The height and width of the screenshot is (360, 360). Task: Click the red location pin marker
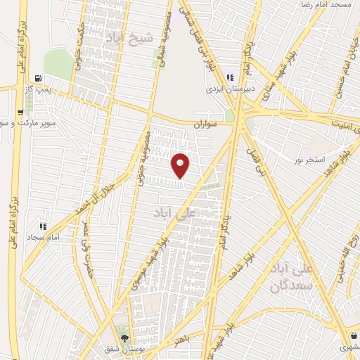point(181,165)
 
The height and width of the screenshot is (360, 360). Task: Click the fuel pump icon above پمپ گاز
point(37,78)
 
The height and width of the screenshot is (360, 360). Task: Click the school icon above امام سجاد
point(42,226)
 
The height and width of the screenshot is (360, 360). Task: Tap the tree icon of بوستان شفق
point(125,337)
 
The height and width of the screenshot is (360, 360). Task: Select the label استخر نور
point(310,160)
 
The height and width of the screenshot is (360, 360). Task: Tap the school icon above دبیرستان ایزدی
point(229,78)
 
